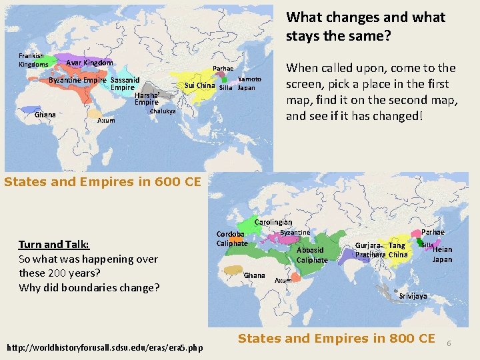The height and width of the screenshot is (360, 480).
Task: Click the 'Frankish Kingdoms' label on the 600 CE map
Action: pos(33,60)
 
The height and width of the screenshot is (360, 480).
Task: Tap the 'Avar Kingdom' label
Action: pos(89,63)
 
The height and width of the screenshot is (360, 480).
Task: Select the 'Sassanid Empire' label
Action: pos(124,84)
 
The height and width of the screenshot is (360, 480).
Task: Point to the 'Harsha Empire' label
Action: pos(147,99)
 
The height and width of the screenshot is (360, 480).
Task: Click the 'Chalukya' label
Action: pos(162,111)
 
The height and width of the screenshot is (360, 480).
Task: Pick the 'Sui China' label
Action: pos(199,85)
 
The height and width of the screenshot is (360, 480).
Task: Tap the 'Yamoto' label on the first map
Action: pos(249,79)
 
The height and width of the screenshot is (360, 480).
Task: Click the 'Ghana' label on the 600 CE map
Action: pos(45,115)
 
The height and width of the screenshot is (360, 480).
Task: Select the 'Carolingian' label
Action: pos(273,222)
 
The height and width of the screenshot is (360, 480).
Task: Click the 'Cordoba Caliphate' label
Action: pos(231,239)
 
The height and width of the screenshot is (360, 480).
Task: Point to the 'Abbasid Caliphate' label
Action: pos(312,255)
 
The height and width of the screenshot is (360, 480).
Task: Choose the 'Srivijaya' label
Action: pos(413,295)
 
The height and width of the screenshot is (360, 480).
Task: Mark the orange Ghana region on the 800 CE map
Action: pos(233,270)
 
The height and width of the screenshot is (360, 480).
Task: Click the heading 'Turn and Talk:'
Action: pos(54,245)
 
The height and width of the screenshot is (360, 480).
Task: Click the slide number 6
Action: pos(449,343)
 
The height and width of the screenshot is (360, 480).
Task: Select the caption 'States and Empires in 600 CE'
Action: pos(103,181)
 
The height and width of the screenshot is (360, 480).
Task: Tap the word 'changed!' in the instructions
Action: pos(403,116)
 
